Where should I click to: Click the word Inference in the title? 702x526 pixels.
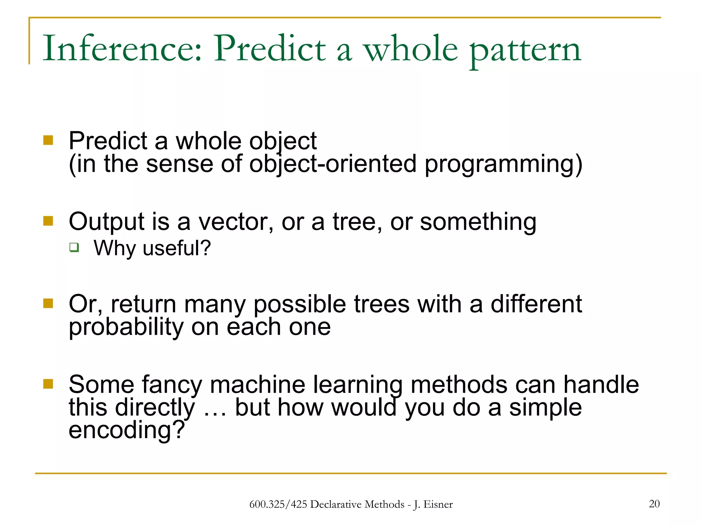click(122, 49)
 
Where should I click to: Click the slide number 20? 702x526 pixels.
click(654, 504)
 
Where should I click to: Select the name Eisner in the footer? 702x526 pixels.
click(438, 504)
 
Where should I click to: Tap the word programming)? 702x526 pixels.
click(503, 165)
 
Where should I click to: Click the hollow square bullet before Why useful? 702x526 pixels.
click(74, 247)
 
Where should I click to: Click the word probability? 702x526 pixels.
click(126, 327)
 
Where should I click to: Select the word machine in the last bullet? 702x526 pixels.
click(257, 385)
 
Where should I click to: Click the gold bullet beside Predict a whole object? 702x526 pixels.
click(48, 140)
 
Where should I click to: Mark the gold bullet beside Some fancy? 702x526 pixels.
click(48, 384)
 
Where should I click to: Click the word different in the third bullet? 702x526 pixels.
click(536, 304)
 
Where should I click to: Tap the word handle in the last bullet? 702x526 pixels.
click(601, 385)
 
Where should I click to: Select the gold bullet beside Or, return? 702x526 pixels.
click(48, 303)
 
